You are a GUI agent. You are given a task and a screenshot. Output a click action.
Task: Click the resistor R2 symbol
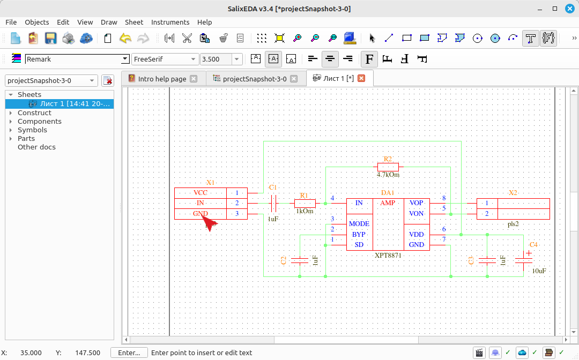tap(388, 167)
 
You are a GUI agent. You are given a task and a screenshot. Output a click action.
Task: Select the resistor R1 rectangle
tap(305, 203)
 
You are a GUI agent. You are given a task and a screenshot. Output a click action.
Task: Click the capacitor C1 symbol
tap(273, 203)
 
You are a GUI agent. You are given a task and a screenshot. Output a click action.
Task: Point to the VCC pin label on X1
tap(201, 192)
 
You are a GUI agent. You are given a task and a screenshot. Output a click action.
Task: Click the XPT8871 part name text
tap(388, 255)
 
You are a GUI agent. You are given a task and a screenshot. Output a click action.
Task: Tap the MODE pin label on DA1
tap(359, 224)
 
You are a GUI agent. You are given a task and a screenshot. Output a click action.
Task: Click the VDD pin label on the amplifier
tap(416, 234)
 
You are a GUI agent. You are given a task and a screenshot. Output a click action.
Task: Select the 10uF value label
tap(539, 271)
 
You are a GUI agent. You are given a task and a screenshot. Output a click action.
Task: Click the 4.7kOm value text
tap(388, 175)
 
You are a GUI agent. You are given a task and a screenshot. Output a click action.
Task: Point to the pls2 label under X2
tap(513, 224)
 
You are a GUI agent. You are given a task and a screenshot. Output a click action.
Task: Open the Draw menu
tap(109, 22)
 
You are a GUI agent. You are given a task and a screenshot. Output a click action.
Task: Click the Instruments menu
tap(170, 22)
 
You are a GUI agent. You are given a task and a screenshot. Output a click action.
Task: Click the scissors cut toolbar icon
tap(187, 38)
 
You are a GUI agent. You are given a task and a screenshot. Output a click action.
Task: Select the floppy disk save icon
tap(50, 38)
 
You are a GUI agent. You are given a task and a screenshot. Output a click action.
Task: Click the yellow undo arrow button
tap(125, 38)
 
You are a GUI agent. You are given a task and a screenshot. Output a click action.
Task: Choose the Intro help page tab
tap(162, 79)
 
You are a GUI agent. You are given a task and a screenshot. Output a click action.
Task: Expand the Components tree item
tap(11, 122)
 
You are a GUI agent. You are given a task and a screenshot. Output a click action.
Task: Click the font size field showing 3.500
tap(216, 59)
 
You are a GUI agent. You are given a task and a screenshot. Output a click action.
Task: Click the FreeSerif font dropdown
tap(165, 59)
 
